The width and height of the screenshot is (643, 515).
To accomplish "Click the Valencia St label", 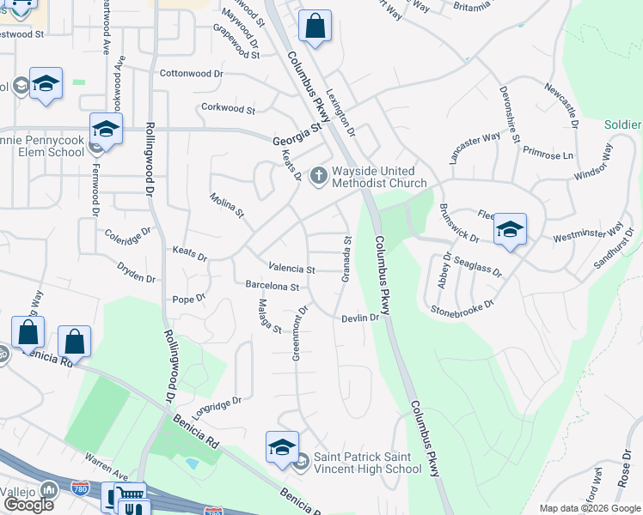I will (291, 269).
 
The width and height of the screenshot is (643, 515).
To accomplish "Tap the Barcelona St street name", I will (272, 286).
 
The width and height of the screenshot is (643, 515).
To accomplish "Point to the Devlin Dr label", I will (360, 318).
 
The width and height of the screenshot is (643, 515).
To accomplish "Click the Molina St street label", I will (228, 205).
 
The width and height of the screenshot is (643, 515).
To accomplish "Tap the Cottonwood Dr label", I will (191, 74).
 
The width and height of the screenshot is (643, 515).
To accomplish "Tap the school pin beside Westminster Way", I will (510, 229).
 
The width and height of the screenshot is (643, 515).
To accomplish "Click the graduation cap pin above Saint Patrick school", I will (282, 447).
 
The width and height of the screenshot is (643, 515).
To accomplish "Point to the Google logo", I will (28, 504).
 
